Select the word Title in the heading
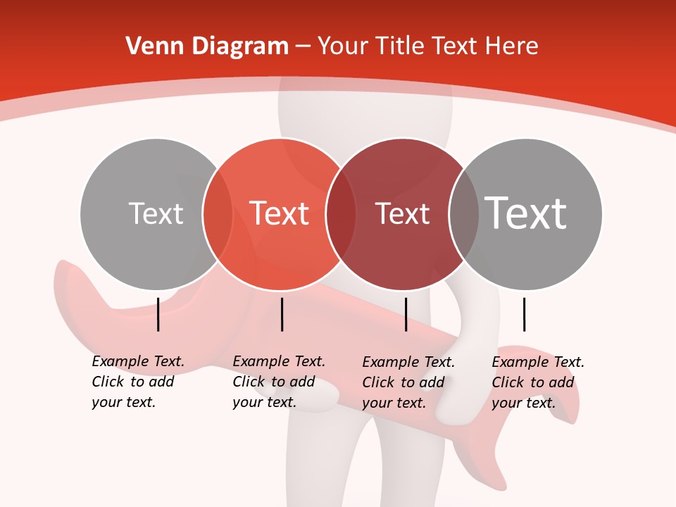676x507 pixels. (x=401, y=46)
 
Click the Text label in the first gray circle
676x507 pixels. (x=156, y=213)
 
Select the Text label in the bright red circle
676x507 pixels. (x=280, y=213)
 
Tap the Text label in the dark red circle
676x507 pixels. (x=403, y=213)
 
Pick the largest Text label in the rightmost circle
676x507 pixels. (x=526, y=213)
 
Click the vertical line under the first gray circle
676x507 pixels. (x=158, y=314)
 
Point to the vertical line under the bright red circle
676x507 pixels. (x=282, y=314)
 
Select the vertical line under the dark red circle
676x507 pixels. (x=406, y=314)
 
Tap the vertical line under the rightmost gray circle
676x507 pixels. (x=524, y=314)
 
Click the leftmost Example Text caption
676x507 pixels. (x=138, y=382)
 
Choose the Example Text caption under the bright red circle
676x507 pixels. (x=279, y=382)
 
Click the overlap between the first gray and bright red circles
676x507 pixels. (x=218, y=214)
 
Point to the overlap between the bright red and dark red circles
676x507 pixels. (x=340, y=214)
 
